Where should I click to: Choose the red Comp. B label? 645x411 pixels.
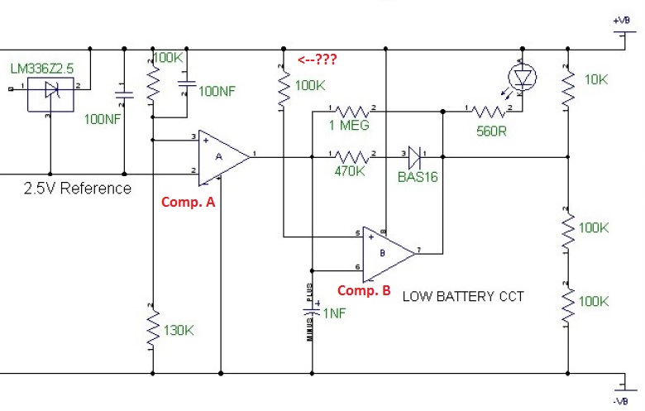pos(365,290)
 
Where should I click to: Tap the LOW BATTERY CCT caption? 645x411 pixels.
pos(463,296)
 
